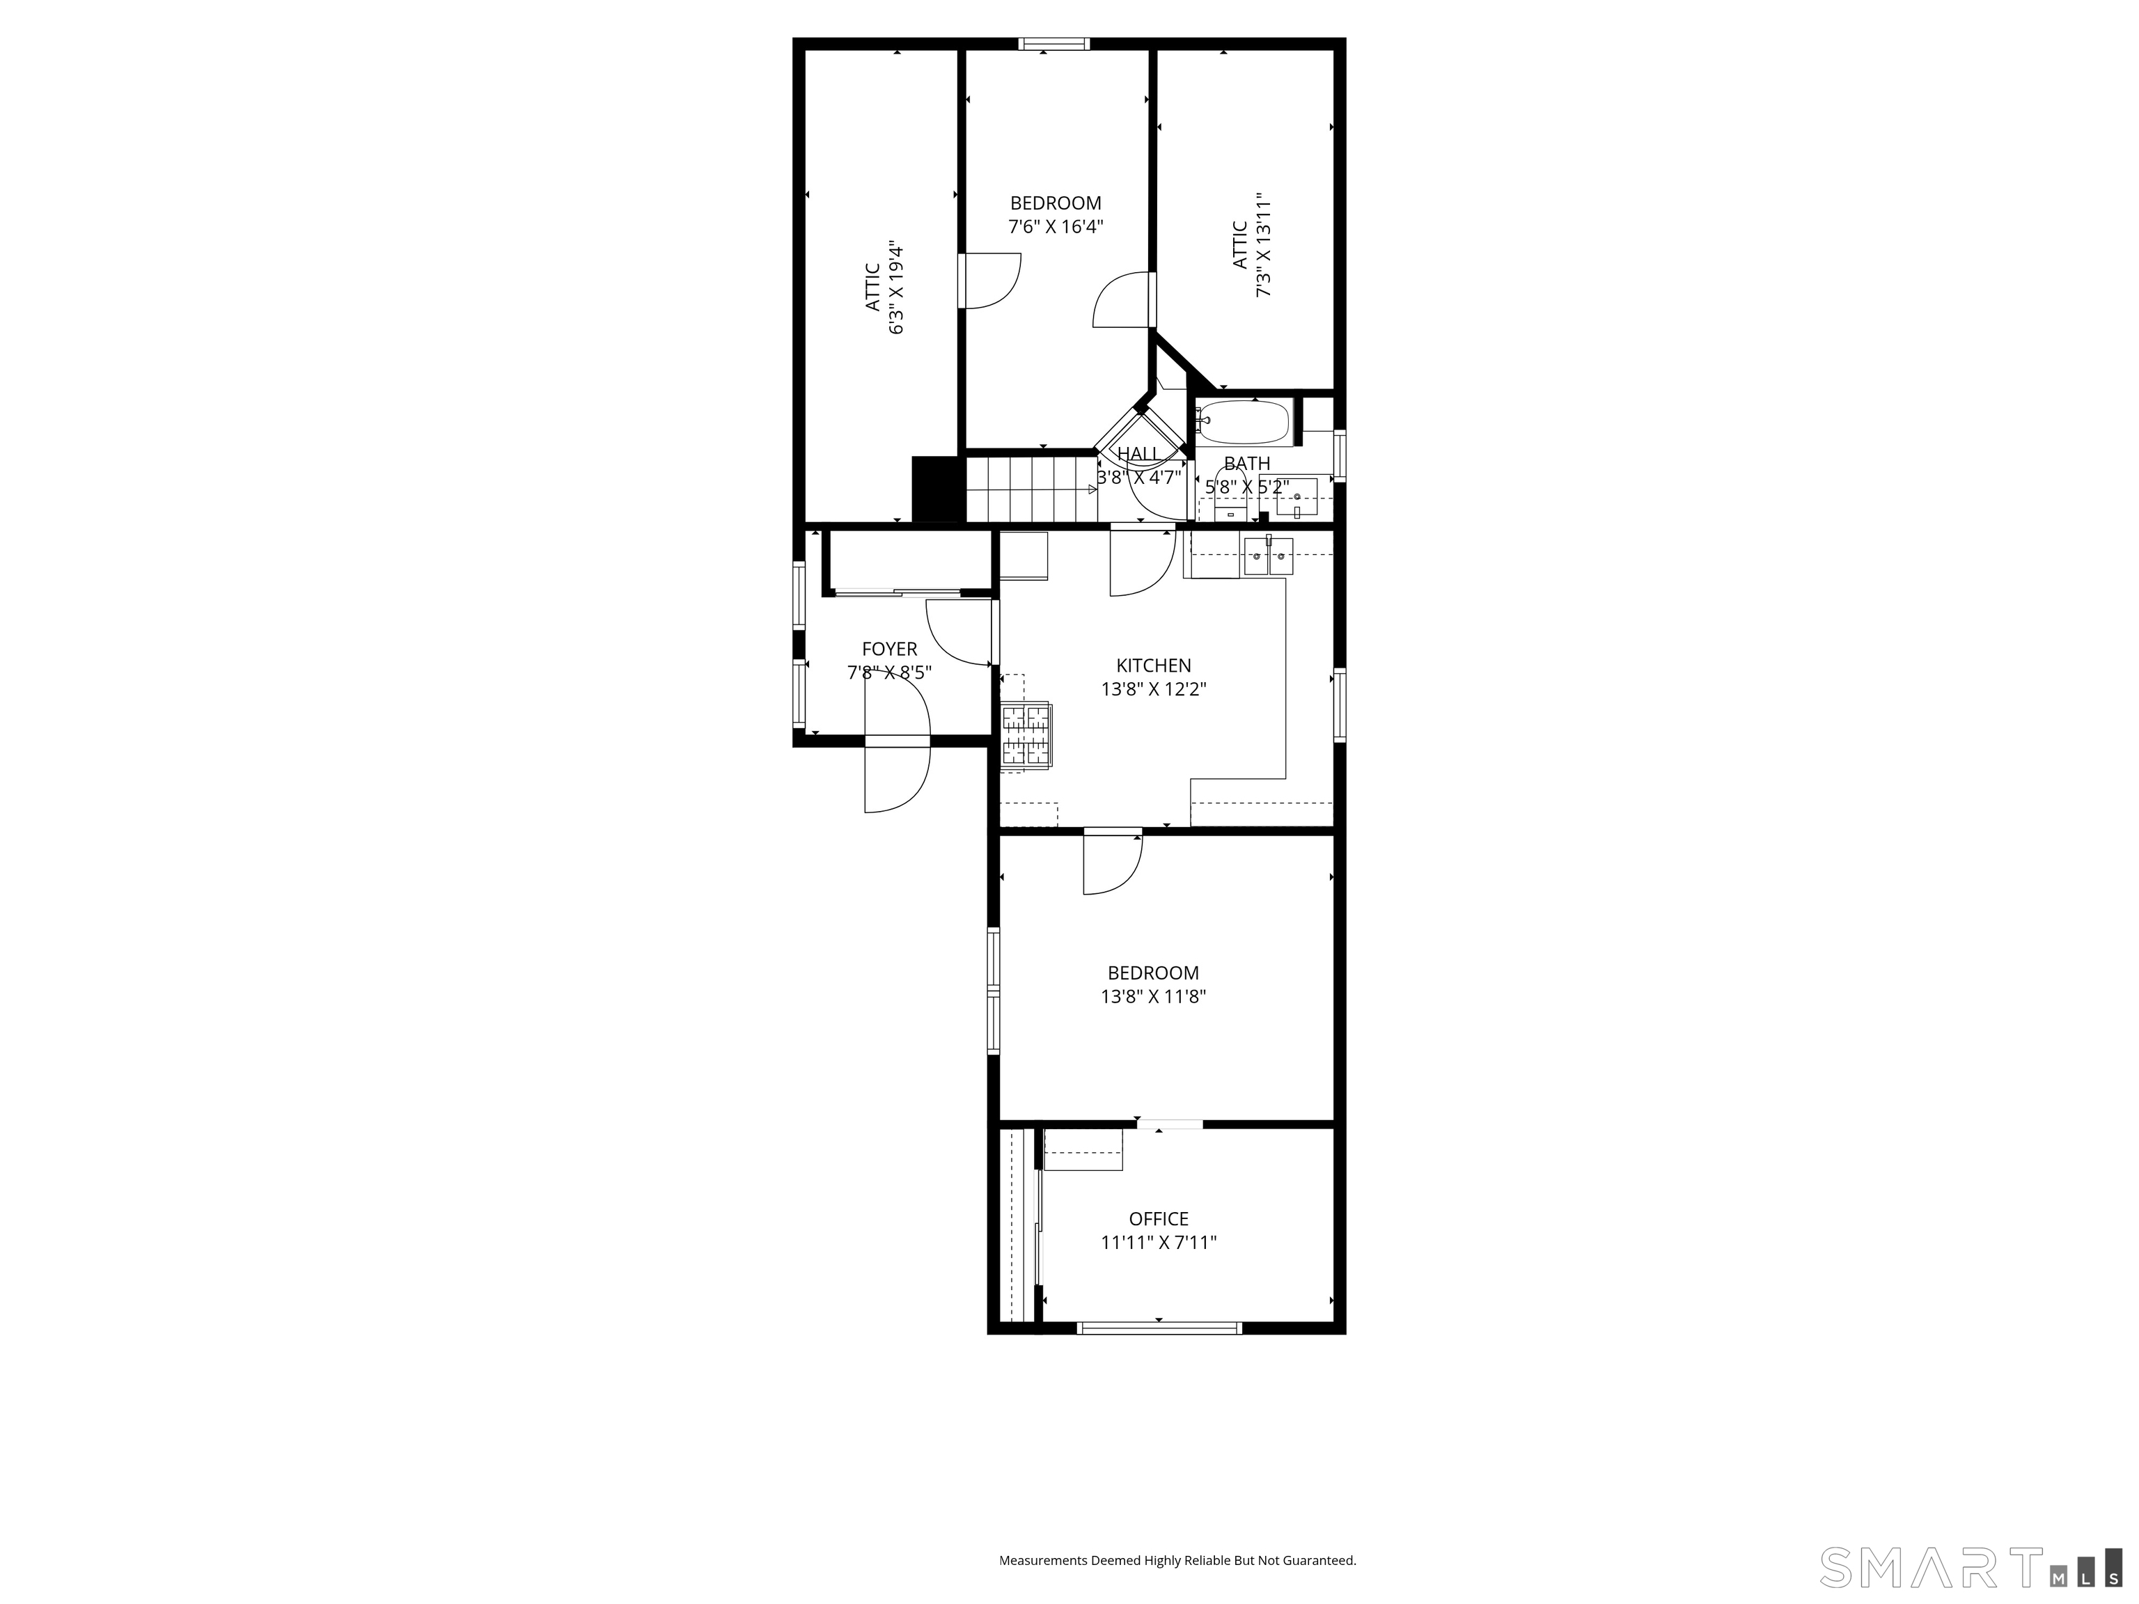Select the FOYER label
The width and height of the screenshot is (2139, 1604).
click(x=888, y=649)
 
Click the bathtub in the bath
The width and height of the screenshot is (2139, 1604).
click(x=1244, y=423)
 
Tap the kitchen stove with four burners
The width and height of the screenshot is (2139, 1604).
click(x=1025, y=734)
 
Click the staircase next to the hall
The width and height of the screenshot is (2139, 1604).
click(x=1029, y=488)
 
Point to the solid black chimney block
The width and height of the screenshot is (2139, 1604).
click(x=938, y=488)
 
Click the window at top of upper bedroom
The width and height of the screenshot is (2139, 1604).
click(x=1054, y=43)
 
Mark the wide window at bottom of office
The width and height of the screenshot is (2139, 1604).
click(x=1159, y=1328)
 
